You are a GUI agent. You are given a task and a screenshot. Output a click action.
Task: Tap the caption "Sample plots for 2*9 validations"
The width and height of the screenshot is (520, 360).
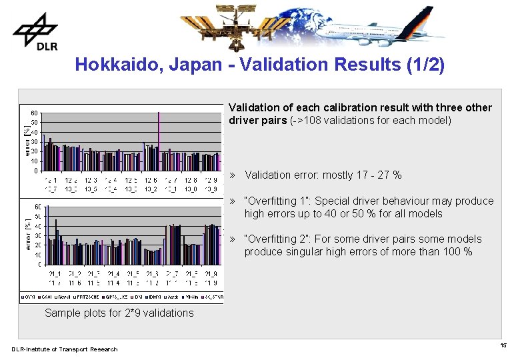coord(119,313)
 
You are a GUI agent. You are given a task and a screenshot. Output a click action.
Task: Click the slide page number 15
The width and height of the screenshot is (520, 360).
coord(503,345)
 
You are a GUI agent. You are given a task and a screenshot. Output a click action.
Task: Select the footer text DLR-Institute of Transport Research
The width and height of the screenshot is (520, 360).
coord(64,349)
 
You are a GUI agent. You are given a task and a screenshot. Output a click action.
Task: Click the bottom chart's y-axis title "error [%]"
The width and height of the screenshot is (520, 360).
coord(27,235)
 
